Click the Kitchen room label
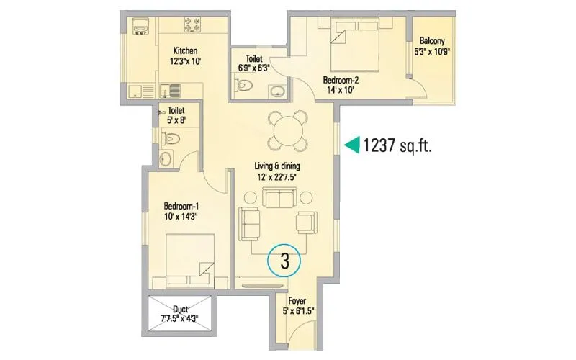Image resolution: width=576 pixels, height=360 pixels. point(185,50)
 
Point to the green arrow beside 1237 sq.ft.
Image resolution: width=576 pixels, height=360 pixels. point(351,145)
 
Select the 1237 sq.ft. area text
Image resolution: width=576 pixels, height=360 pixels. point(401,145)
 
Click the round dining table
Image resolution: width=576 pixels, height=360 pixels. point(287,132)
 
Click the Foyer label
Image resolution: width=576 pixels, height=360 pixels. point(298,302)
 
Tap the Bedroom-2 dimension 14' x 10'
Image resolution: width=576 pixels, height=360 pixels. point(341,91)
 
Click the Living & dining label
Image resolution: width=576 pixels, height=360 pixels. point(286,167)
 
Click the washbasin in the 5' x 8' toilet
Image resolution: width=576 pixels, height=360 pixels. point(166,158)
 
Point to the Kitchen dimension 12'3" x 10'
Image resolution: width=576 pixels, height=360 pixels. point(185,62)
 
